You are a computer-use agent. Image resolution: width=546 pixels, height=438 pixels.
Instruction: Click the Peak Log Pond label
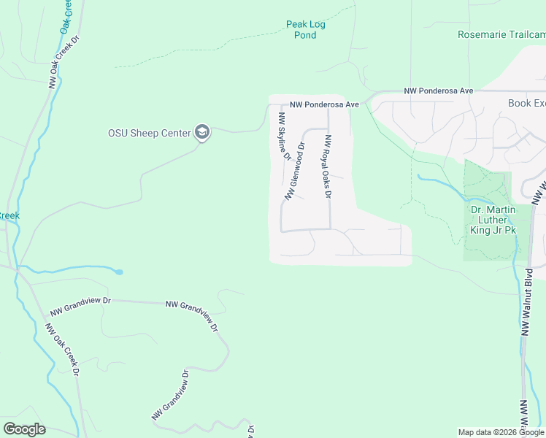(x=305, y=29)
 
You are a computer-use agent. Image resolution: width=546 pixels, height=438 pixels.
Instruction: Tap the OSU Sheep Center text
(x=150, y=133)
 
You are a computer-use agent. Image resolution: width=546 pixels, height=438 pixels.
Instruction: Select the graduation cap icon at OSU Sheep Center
(x=202, y=132)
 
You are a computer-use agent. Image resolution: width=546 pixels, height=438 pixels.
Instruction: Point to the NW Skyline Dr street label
(x=283, y=135)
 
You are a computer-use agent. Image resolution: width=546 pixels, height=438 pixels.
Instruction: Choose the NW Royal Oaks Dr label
(x=328, y=167)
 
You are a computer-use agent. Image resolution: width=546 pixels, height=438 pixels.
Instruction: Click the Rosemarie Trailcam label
(x=501, y=34)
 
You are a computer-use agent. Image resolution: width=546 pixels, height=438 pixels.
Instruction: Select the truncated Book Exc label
(x=526, y=103)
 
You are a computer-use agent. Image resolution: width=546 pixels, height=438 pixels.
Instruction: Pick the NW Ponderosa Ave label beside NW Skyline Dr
(x=324, y=104)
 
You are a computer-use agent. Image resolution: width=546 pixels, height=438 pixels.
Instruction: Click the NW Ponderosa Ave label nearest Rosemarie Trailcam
(x=439, y=91)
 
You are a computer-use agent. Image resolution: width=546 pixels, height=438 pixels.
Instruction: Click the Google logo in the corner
(x=24, y=429)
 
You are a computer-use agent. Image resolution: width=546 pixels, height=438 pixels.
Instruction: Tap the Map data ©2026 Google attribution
(x=501, y=432)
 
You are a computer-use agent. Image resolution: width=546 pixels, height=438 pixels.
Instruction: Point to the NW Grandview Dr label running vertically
(x=171, y=395)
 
